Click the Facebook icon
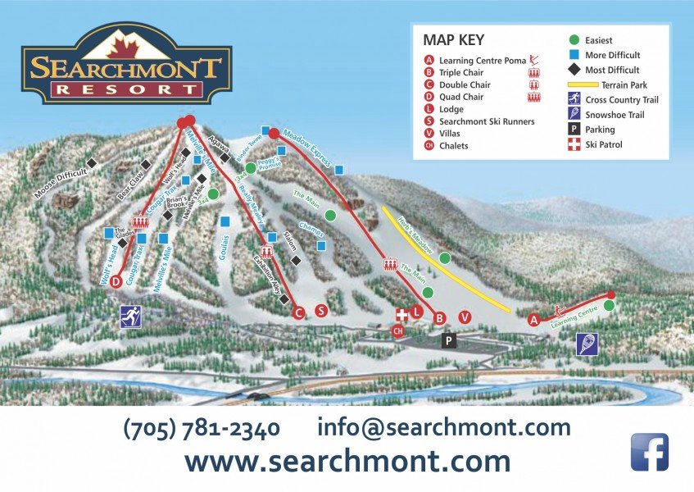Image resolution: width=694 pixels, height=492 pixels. click(649, 452)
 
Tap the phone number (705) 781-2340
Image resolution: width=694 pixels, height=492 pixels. click(202, 428)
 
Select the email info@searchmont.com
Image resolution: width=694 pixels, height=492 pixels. click(443, 427)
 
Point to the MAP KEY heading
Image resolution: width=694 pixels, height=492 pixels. click(454, 39)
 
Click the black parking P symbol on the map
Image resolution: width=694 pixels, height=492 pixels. click(448, 339)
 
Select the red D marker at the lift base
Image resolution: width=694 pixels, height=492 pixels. click(116, 281)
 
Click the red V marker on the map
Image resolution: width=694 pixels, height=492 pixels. click(465, 317)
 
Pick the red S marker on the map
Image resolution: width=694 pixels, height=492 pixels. click(321, 311)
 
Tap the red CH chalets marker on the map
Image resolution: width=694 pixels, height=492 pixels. click(398, 330)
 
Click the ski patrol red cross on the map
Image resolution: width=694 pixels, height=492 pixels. click(401, 315)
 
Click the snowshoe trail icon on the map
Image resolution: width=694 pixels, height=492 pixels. click(586, 344)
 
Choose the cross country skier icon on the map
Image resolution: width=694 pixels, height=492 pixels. click(130, 316)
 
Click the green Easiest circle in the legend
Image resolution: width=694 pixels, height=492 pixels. click(574, 39)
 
